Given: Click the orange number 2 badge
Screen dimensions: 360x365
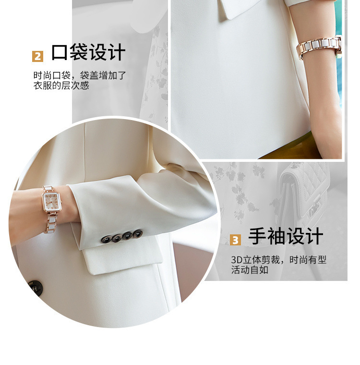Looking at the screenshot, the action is [38, 56].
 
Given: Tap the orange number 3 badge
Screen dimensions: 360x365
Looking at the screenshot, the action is [235, 240].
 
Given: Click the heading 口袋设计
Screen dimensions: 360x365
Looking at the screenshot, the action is [88, 52].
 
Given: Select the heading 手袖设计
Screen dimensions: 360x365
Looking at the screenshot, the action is [286, 236].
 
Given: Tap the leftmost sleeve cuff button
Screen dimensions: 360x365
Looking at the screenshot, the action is [107, 239].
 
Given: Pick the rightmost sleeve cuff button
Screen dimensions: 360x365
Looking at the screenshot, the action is [138, 233].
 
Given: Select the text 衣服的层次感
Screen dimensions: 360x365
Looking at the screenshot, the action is [61, 85].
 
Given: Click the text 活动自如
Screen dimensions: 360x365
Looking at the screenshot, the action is [250, 270].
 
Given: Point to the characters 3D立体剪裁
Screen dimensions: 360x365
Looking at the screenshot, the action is [255, 259].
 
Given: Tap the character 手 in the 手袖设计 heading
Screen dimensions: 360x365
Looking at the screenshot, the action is [257, 236].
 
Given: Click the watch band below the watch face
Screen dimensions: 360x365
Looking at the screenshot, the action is [50, 222].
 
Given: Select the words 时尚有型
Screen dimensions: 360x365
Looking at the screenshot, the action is [308, 259].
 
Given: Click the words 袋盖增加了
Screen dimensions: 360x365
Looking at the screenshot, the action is [103, 75].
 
